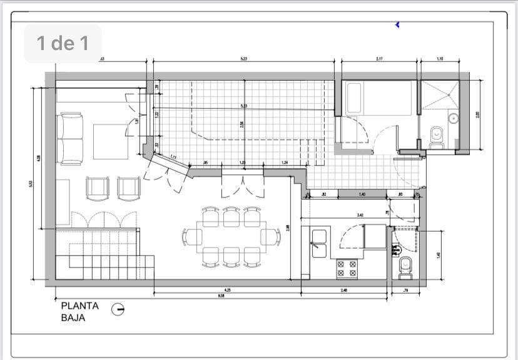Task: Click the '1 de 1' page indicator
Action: (63, 43)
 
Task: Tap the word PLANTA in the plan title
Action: (79, 306)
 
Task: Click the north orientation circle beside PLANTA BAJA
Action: (118, 309)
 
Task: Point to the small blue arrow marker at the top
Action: (397, 24)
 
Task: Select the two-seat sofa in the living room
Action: (70, 138)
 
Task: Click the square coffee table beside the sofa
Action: (111, 141)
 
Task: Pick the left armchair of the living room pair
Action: (98, 187)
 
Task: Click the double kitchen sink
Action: (319, 244)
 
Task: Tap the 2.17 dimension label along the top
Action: (380, 59)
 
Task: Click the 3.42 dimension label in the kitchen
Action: (360, 215)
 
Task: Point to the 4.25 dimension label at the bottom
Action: (228, 290)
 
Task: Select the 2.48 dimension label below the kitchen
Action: (344, 290)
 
